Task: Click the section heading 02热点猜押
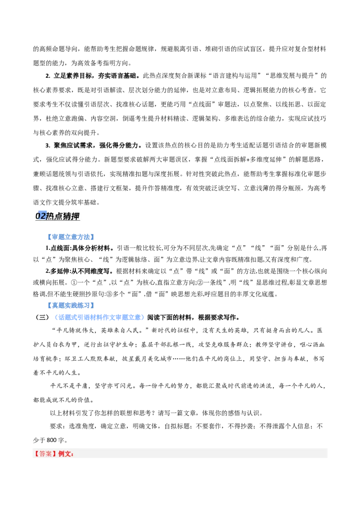pyautogui.click(x=58, y=216)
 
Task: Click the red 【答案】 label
pyautogui.click(x=45, y=454)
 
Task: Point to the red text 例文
pyautogui.click(x=66, y=454)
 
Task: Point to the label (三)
pyautogui.click(x=42, y=317)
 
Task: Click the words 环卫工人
pyautogui.click(x=77, y=359)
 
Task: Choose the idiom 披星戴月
pyautogui.click(x=135, y=359)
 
